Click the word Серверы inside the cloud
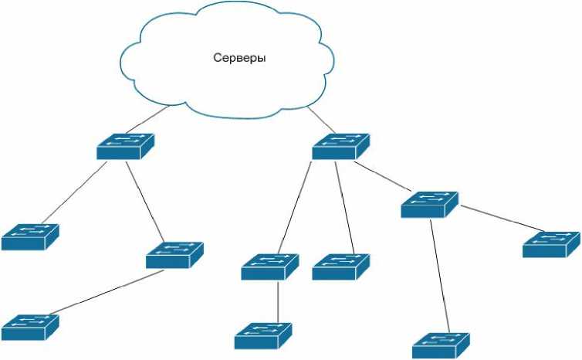[239, 58]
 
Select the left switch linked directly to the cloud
[125, 146]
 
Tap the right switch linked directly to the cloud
[340, 146]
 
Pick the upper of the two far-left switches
[29, 236]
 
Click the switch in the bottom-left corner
[29, 328]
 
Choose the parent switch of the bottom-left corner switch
[174, 255]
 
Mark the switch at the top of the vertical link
[269, 267]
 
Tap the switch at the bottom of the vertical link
[263, 335]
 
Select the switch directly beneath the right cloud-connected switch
[340, 267]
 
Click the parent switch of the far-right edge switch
[429, 204]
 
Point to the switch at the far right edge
[550, 244]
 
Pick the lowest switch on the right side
[441, 345]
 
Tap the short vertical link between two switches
[277, 302]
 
